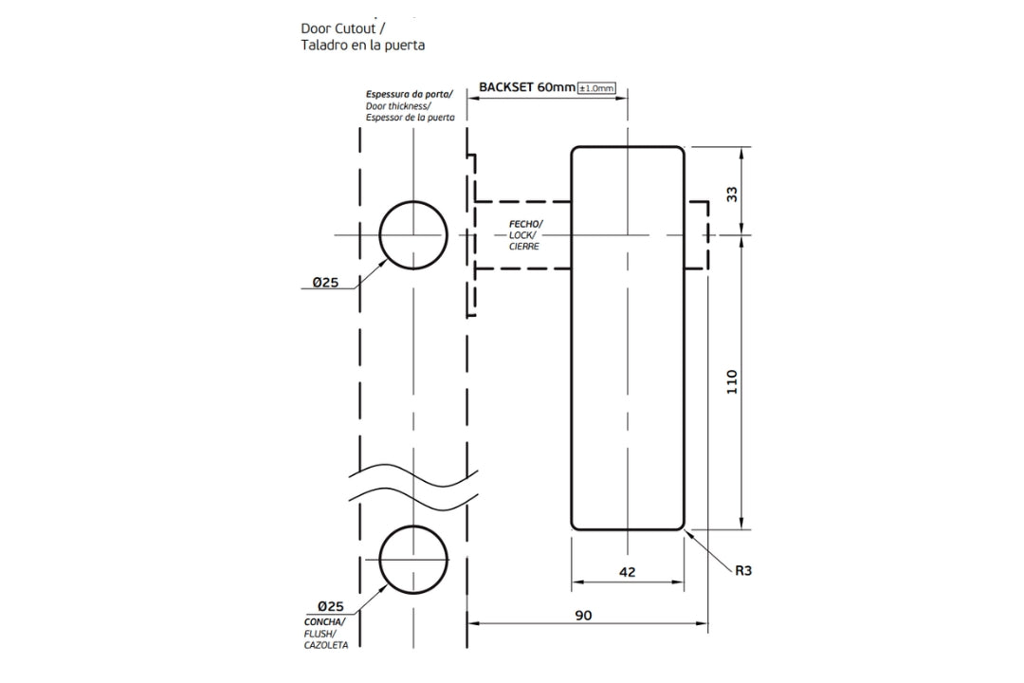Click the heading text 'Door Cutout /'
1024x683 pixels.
click(x=342, y=28)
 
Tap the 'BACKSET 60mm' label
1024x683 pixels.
click(x=527, y=86)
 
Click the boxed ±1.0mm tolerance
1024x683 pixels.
click(x=597, y=88)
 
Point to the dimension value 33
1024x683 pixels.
click(x=732, y=194)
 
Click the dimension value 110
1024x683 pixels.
click(x=732, y=381)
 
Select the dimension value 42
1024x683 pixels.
click(x=627, y=571)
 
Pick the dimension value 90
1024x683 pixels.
click(x=583, y=615)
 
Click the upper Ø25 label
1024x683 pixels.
click(x=327, y=282)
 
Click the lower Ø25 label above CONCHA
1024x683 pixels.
click(x=330, y=606)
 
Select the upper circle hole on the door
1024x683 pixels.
click(x=413, y=235)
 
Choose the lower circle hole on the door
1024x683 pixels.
click(x=413, y=558)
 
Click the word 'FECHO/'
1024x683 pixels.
click(x=526, y=223)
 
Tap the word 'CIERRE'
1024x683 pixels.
click(x=524, y=246)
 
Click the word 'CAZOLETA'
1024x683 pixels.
click(x=326, y=645)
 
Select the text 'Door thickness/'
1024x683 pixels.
click(x=398, y=106)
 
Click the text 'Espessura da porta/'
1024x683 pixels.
click(x=410, y=95)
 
